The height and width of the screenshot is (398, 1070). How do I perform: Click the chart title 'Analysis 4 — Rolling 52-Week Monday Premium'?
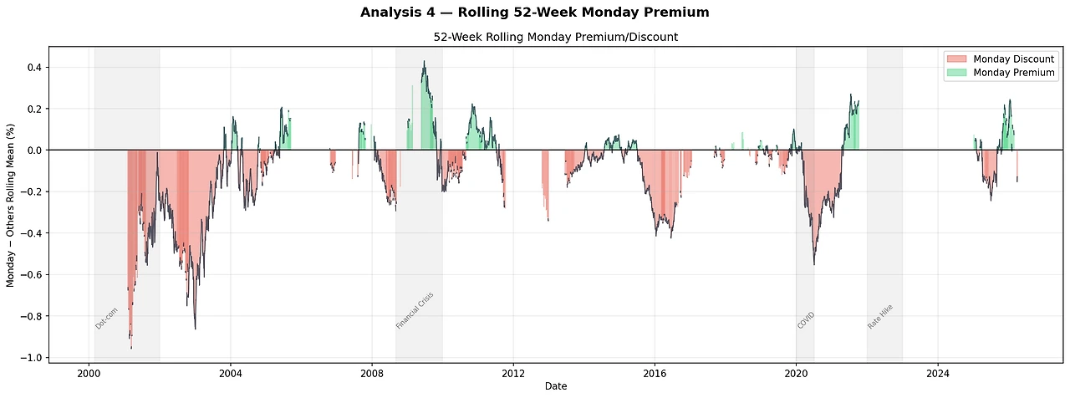(x=534, y=12)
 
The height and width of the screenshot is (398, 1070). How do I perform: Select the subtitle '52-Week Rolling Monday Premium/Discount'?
(x=556, y=38)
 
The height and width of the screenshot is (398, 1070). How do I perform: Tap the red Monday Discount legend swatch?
(x=956, y=59)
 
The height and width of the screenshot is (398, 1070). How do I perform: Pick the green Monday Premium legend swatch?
(x=956, y=73)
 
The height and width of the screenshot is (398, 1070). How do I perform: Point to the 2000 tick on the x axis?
(x=89, y=372)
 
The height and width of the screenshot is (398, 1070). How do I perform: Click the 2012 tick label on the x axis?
(x=513, y=372)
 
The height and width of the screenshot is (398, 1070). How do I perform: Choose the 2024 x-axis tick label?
(x=938, y=372)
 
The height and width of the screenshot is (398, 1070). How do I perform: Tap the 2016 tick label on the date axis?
(x=655, y=372)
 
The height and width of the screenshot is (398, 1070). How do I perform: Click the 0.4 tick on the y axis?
(x=34, y=68)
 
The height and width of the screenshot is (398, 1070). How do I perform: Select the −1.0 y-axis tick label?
(x=31, y=358)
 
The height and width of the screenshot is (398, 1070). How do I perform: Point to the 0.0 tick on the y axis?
(x=34, y=151)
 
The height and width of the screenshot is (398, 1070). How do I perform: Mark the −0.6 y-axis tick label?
(x=31, y=275)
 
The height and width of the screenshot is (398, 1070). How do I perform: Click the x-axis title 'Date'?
(x=556, y=386)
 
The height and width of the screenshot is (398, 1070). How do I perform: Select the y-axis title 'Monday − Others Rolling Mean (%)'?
(x=11, y=202)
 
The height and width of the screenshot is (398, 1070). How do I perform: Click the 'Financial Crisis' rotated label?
(x=415, y=310)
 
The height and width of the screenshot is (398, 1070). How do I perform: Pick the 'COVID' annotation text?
(x=806, y=319)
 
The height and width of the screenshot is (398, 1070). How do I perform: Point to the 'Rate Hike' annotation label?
(x=880, y=316)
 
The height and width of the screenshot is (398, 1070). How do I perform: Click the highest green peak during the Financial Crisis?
(x=425, y=61)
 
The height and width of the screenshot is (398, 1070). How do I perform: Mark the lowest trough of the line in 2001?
(x=131, y=347)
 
